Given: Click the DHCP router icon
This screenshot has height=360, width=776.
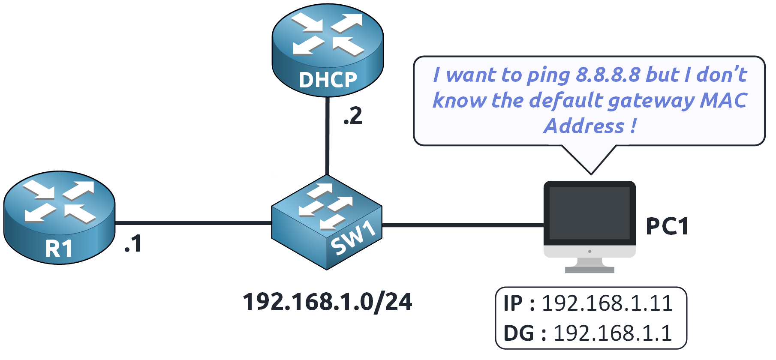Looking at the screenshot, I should pyautogui.click(x=328, y=49).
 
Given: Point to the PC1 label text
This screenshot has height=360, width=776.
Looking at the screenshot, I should pyautogui.click(x=667, y=226).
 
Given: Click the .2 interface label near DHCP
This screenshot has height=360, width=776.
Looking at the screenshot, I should pyautogui.click(x=353, y=117).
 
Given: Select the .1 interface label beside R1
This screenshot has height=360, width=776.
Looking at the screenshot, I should pyautogui.click(x=133, y=244).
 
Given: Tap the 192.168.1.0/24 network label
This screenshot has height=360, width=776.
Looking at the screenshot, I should pyautogui.click(x=328, y=302).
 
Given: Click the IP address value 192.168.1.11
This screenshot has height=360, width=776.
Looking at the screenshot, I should pyautogui.click(x=607, y=303).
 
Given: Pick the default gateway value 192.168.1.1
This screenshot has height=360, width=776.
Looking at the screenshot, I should pyautogui.click(x=613, y=333).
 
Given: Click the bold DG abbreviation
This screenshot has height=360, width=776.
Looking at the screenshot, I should pyautogui.click(x=518, y=333).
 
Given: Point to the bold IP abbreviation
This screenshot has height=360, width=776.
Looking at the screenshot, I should pyautogui.click(x=513, y=303).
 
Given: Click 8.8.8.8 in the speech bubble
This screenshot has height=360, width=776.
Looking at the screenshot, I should pyautogui.click(x=608, y=75).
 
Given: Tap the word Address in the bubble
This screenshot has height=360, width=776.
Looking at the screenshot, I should pyautogui.click(x=584, y=126).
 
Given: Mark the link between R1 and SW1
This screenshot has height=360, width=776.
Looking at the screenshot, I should pyautogui.click(x=193, y=223).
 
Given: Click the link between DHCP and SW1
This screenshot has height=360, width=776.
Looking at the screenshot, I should pyautogui.click(x=327, y=135).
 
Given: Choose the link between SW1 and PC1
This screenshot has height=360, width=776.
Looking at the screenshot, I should pyautogui.click(x=463, y=225).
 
